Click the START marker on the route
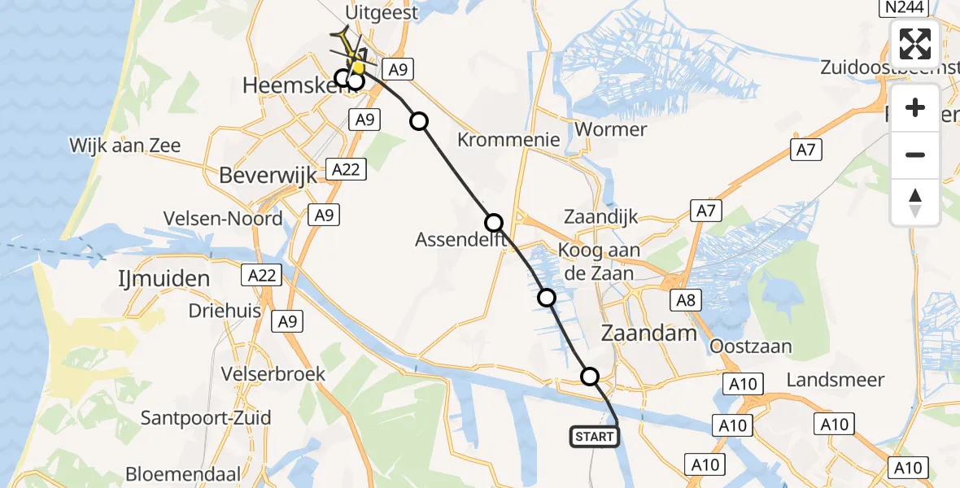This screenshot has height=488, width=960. point(595,437)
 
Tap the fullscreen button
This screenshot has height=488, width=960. point(915,44)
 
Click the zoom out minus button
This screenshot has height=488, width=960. point(915,155)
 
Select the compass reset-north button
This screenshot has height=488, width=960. point(915,203)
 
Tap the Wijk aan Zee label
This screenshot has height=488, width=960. point(124,146)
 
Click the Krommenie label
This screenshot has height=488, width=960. point(508,139)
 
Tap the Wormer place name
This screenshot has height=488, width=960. point(610,129)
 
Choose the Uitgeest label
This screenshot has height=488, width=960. point(381,12)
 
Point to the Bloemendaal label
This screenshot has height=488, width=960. point(183,473)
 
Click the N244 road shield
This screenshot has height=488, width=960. point(904,8)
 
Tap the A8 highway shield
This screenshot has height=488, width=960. point(686,301)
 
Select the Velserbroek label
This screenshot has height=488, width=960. point(273,374)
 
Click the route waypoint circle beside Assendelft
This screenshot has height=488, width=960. point(494,223)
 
